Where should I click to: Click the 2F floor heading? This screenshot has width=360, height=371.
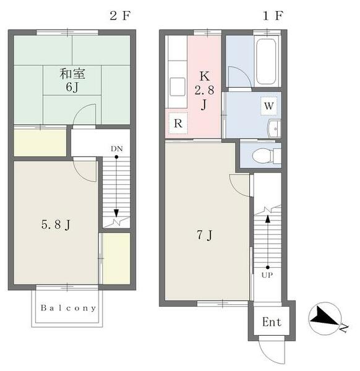[120, 16]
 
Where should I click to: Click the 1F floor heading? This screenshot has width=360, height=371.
[273, 16]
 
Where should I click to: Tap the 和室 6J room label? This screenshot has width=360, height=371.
[72, 80]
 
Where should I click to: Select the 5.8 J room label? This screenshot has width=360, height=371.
[56, 224]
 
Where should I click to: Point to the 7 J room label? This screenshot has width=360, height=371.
[205, 235]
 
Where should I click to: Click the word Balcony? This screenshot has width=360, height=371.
[69, 308]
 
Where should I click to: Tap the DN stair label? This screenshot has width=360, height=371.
[117, 149]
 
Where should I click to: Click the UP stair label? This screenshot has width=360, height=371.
[267, 275]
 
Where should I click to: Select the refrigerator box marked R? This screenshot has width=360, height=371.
[178, 124]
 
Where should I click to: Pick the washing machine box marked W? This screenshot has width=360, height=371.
[268, 106]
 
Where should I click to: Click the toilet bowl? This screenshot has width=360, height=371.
[262, 155]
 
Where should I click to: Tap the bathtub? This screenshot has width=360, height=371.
[266, 61]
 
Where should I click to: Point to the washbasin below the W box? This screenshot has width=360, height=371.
[274, 129]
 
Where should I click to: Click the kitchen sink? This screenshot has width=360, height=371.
[178, 87]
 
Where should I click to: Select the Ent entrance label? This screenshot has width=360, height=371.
[272, 322]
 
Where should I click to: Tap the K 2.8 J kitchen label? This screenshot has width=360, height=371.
[204, 90]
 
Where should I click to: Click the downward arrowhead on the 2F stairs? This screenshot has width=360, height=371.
[116, 213]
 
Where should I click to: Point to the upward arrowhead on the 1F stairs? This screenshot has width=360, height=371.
[268, 219]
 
